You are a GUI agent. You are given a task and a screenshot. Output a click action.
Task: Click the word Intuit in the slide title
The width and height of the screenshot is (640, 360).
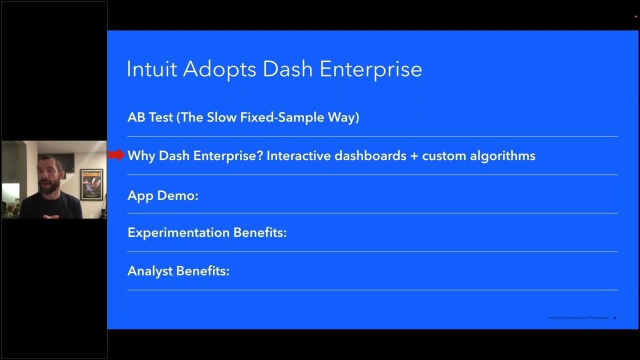[x=151, y=69]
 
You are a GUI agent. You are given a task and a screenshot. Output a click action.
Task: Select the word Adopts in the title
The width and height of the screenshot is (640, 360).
[x=220, y=69]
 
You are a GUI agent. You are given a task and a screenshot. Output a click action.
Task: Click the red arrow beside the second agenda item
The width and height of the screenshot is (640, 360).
[x=116, y=155]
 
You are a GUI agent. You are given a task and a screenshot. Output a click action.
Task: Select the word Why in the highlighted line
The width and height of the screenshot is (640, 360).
[x=141, y=155]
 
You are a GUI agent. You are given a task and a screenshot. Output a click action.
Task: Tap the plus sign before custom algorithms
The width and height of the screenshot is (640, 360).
[x=413, y=155]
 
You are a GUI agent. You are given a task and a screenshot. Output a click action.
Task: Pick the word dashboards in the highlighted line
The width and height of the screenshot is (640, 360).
[x=370, y=155]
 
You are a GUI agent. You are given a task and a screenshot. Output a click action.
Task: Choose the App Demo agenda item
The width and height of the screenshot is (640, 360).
[x=162, y=195]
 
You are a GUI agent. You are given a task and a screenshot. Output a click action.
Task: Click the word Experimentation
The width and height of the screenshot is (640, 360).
[x=178, y=232]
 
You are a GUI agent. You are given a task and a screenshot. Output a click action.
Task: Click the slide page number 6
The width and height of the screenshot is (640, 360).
[x=614, y=318]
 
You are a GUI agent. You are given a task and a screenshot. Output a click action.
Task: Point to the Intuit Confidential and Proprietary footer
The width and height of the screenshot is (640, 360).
[x=578, y=318]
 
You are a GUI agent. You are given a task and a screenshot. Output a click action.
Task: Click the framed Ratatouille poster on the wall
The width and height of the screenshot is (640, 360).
[x=91, y=184]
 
